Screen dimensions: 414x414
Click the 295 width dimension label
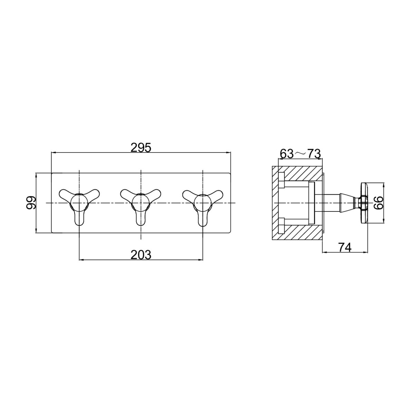(x=141, y=148)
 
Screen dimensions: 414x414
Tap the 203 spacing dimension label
(x=141, y=255)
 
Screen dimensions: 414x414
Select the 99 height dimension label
(x=31, y=203)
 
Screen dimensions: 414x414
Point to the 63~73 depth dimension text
(x=300, y=154)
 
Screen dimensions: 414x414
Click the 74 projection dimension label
(x=345, y=247)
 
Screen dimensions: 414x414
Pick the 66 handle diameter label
(x=378, y=203)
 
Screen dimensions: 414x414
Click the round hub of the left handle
(x=79, y=203)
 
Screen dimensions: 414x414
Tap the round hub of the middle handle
(x=141, y=203)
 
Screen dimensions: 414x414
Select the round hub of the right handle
(x=203, y=203)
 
